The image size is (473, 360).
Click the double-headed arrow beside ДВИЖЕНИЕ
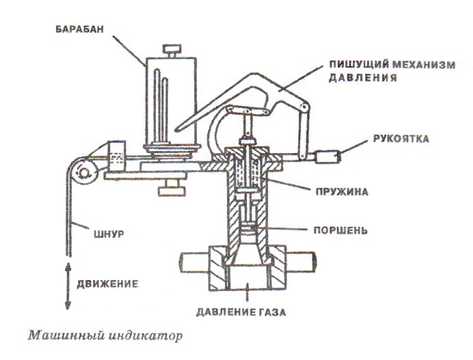[x=68, y=281]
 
